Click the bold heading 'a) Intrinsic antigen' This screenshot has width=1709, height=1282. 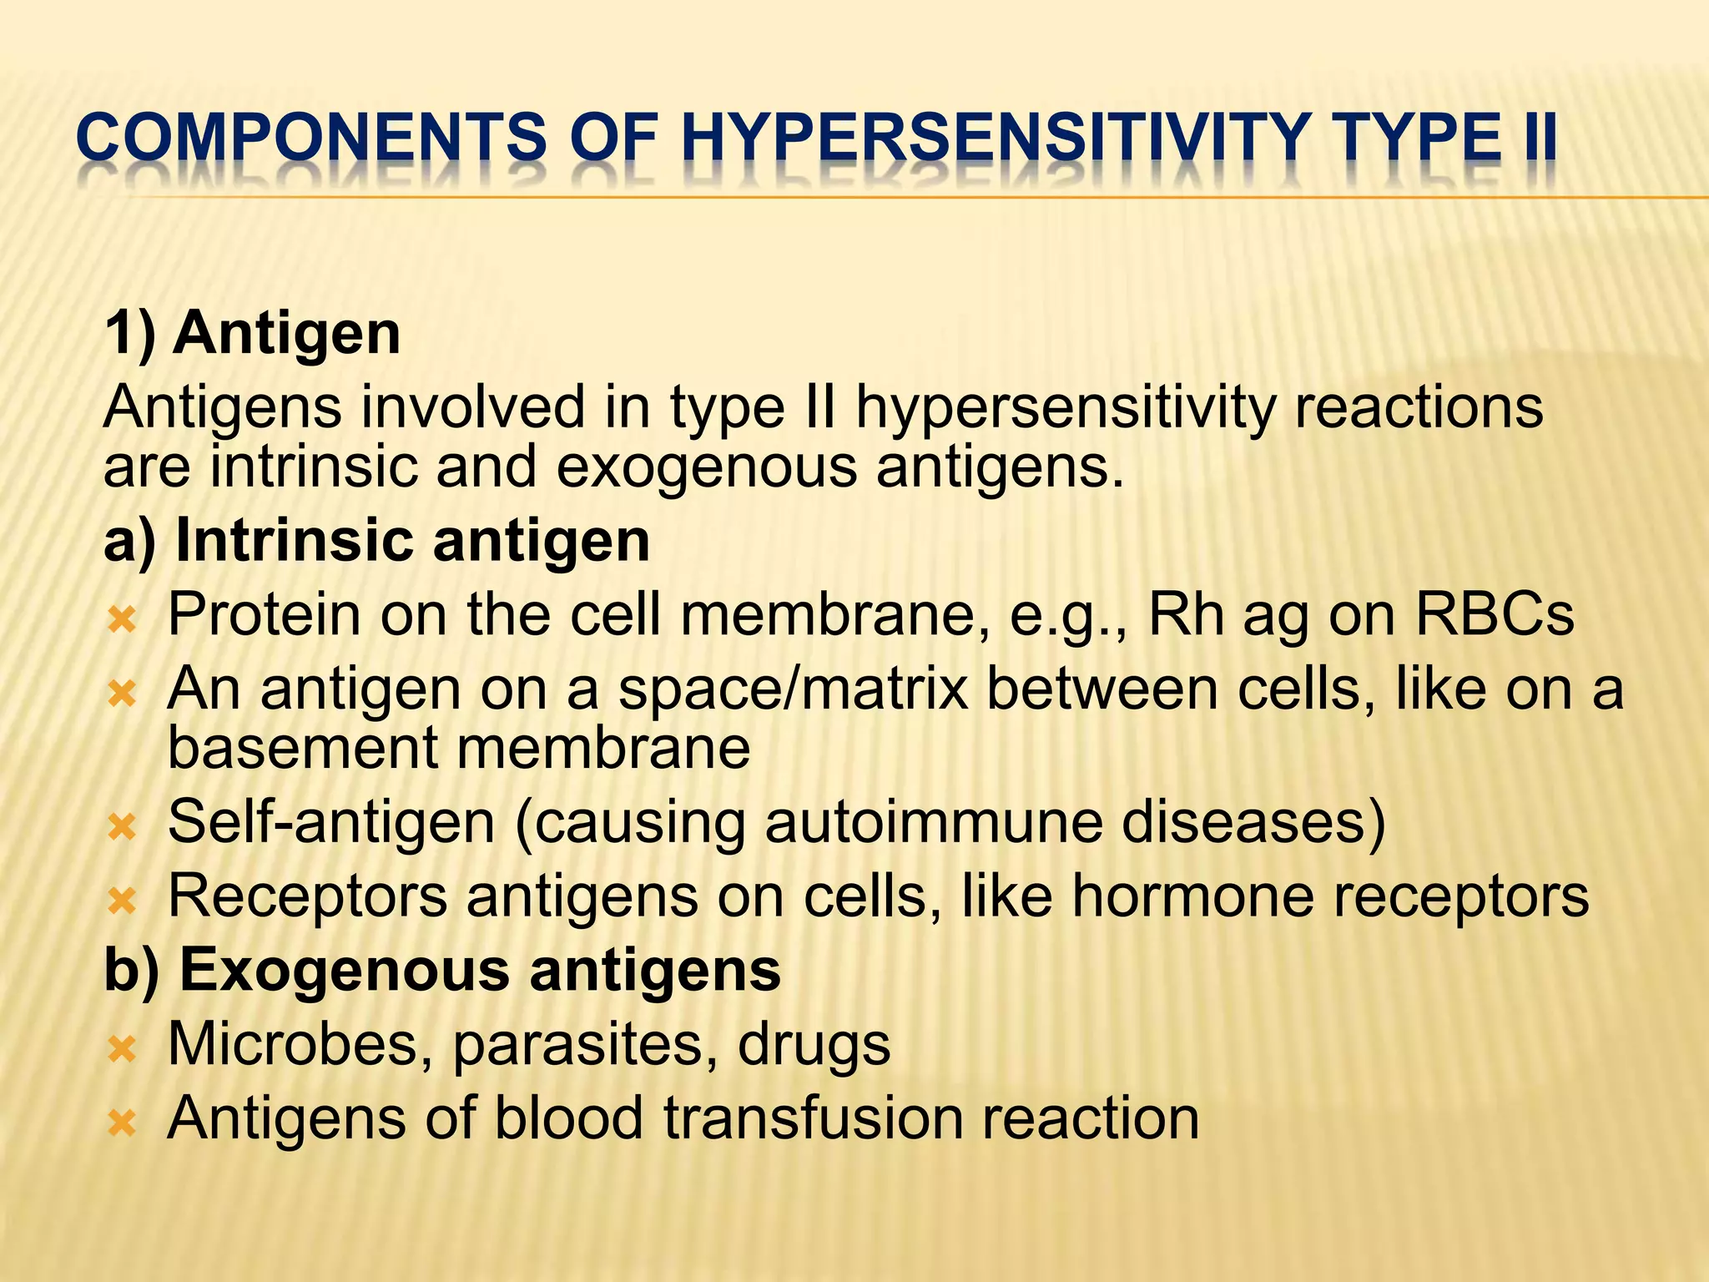376,541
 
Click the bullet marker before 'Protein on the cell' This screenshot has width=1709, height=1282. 122,619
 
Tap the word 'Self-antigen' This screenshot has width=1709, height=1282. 331,822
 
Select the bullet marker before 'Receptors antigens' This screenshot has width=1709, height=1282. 122,901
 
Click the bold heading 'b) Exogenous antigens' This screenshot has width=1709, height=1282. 442,970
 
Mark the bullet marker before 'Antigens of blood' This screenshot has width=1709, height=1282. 122,1123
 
